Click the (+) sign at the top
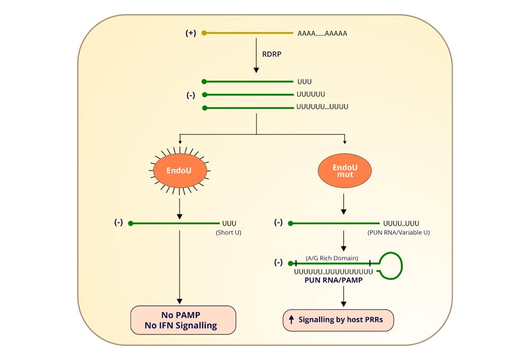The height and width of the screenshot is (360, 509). point(191,33)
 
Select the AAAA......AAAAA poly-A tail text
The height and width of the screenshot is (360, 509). point(322,33)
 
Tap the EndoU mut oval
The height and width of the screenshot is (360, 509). point(345,171)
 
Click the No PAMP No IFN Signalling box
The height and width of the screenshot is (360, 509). point(183,320)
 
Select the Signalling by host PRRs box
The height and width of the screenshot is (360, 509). point(339,320)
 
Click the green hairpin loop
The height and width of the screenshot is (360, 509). point(391,264)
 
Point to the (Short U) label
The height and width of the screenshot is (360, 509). point(228,233)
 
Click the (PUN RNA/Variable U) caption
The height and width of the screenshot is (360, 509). point(398,233)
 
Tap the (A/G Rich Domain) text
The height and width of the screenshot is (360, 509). point(332,258)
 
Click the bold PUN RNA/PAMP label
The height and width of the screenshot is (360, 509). point(333,280)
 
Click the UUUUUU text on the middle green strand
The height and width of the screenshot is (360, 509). point(311,95)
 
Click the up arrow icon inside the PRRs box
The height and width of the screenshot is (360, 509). point(291,320)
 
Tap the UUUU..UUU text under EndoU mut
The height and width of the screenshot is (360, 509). point(401,224)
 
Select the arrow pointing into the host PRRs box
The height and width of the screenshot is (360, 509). point(344,296)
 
